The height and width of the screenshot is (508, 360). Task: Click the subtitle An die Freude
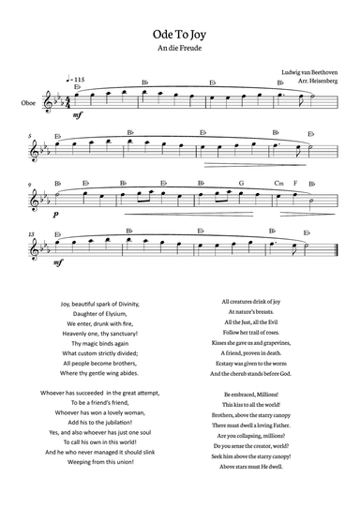click(180, 52)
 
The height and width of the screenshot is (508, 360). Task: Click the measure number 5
click(31, 135)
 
